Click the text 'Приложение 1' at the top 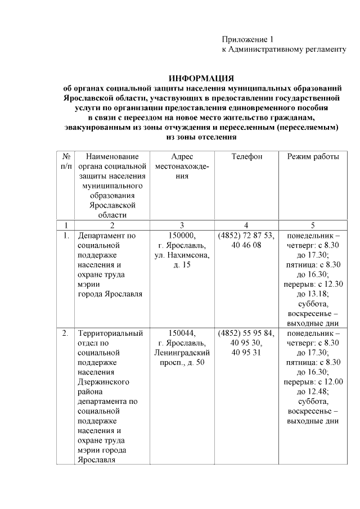click(247, 39)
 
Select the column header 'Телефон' click(246, 156)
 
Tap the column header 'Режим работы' click(313, 156)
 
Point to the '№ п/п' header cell click(66, 161)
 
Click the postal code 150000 click(182, 236)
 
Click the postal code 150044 click(182, 333)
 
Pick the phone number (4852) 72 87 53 click(246, 236)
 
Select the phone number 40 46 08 click(246, 246)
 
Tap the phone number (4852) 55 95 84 click(246, 333)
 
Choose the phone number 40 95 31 click(246, 353)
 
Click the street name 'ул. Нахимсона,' click(182, 255)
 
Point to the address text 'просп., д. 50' click(182, 363)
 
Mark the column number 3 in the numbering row click(182, 225)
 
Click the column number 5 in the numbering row click(313, 225)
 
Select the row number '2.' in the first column click(65, 333)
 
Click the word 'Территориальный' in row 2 click(110, 333)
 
